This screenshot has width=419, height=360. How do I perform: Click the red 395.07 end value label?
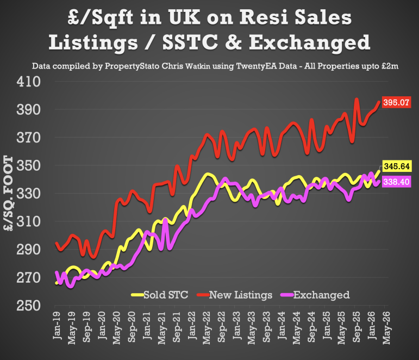click(x=397, y=102)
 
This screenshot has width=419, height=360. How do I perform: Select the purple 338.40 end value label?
click(x=397, y=182)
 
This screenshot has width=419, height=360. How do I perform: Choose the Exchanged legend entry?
click(x=321, y=295)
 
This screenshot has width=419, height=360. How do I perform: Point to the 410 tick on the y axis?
click(x=30, y=82)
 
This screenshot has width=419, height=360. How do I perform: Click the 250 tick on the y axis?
click(x=30, y=306)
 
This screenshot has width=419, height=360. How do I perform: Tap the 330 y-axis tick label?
click(x=30, y=194)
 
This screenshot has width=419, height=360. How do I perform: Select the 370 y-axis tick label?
click(x=30, y=138)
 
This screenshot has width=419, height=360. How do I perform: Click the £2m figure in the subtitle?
click(x=390, y=66)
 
